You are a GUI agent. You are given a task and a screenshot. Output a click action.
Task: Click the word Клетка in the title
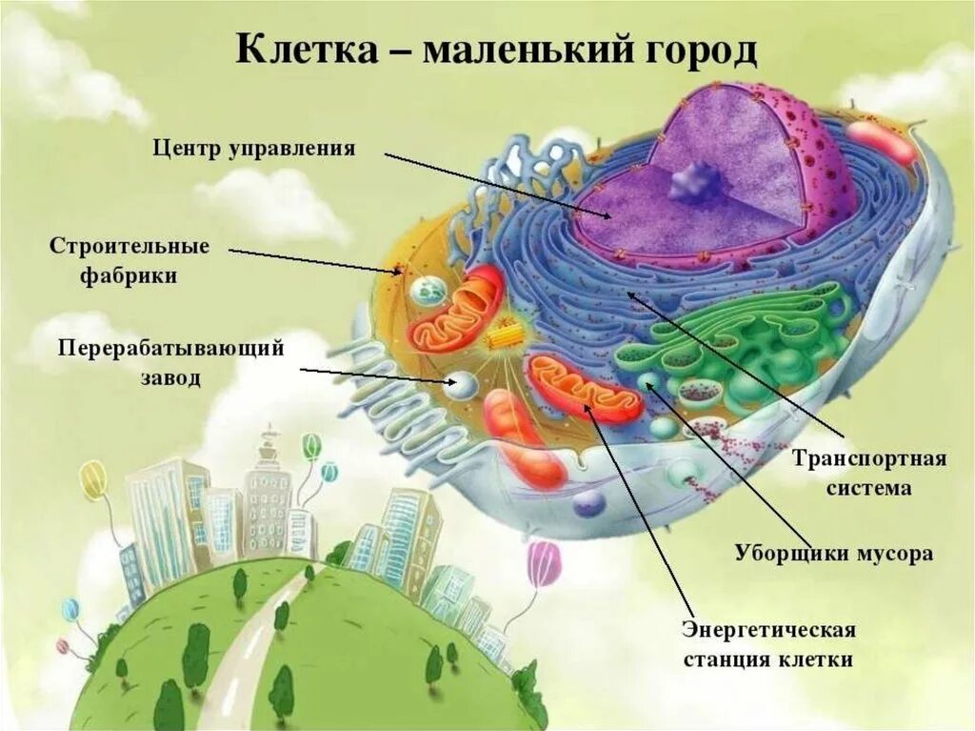click(304, 50)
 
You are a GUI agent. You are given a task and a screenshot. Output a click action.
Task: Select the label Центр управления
click(254, 149)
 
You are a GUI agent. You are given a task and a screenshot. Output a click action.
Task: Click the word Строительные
click(129, 247)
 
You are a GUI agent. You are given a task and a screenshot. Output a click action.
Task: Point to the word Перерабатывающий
click(171, 348)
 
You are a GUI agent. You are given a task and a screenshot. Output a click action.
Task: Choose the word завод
click(171, 377)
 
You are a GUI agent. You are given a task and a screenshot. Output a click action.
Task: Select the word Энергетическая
click(769, 630)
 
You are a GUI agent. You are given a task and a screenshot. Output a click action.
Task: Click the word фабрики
click(128, 276)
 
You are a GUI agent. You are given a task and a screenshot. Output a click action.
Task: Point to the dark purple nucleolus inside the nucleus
click(694, 180)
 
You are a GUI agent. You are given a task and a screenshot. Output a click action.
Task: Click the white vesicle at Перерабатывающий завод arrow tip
click(464, 384)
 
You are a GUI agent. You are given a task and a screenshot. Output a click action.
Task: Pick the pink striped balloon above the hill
click(544, 562)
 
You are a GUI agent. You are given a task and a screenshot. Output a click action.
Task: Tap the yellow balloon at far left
click(94, 478)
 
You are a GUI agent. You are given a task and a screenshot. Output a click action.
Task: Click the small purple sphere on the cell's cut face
click(587, 502)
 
